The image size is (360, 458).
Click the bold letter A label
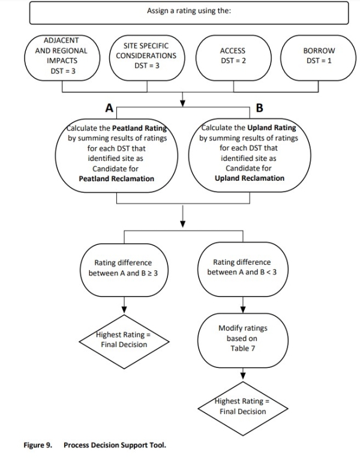tap(109, 108)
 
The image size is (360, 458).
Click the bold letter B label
tap(259, 108)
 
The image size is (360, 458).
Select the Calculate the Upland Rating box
tap(249, 154)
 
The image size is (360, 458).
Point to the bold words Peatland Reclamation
tap(116, 179)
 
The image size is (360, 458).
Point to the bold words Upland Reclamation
tap(249, 178)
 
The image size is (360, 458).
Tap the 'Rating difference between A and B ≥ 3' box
tap(122, 268)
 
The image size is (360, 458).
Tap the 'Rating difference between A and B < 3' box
tap(242, 268)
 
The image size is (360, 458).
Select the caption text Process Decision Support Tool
tap(115, 445)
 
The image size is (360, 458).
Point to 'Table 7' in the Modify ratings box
tap(243, 348)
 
